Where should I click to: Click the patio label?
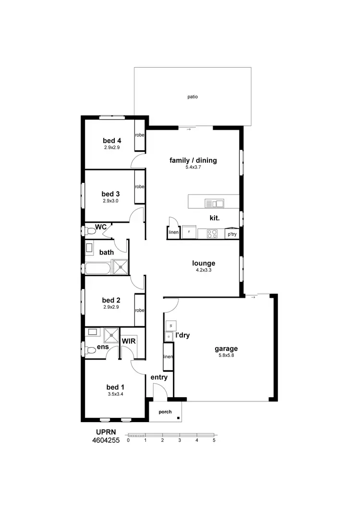pos(192,97)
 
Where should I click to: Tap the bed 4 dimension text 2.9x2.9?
pos(111,147)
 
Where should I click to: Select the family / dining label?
pos(193,160)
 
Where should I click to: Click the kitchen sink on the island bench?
pos(214,203)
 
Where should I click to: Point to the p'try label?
pos(232,234)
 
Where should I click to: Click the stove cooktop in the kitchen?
pos(212,234)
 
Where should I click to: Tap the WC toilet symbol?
pos(91,231)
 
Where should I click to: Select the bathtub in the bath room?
pos(98,267)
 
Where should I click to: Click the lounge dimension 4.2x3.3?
pos(204,270)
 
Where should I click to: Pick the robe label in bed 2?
pos(140,310)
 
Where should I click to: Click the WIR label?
pos(128,340)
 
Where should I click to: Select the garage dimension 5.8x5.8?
pos(226,356)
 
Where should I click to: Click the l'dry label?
pos(182,335)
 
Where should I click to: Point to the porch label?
pos(165,412)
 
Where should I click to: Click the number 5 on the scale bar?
pos(214,440)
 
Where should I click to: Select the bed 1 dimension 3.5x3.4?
pos(116,394)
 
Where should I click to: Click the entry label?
pos(159,377)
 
